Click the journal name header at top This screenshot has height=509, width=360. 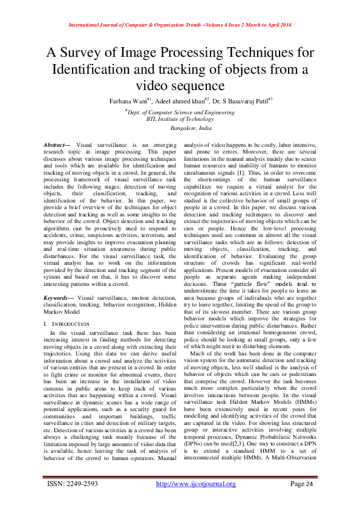pyautogui.click(x=180, y=25)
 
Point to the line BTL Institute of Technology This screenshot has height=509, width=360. pyautogui.click(x=180, y=118)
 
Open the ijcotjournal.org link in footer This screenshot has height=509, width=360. pyautogui.click(x=195, y=484)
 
